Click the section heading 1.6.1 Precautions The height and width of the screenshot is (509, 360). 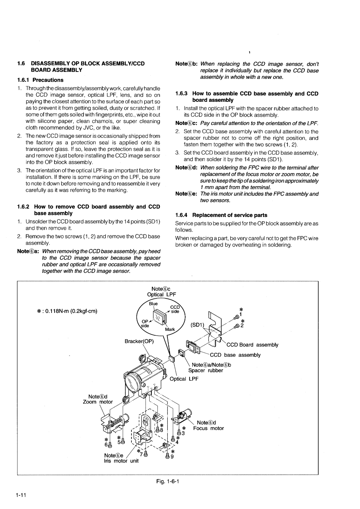coord(40,80)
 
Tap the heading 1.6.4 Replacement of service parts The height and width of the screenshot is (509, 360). coord(221,215)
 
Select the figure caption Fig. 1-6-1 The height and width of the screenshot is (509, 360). coord(168,481)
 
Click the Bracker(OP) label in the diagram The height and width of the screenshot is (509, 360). coord(139,341)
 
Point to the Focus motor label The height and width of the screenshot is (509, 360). coord(208,428)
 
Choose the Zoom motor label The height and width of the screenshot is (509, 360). coord(98,401)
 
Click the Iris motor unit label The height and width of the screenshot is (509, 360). coord(121,461)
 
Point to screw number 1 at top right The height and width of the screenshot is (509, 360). coord(240,315)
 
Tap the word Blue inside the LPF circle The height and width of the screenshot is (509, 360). coord(153,304)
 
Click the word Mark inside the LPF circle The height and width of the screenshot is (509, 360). coord(170,329)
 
